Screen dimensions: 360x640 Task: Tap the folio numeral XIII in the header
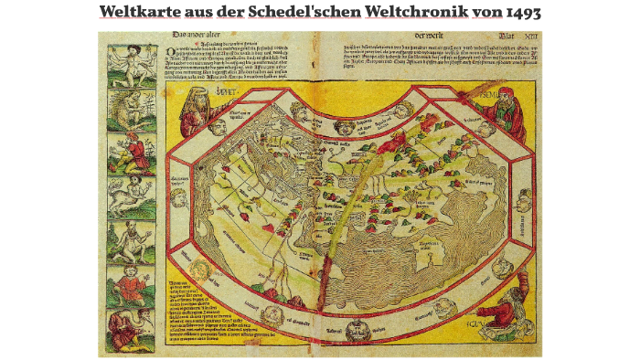[x=526, y=37]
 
